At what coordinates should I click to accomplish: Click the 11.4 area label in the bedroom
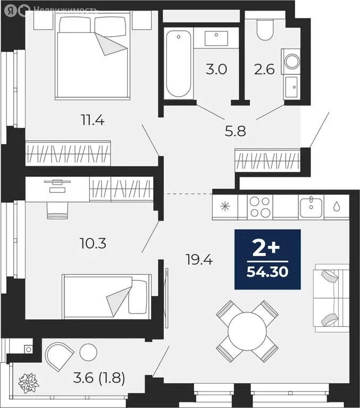(x=93, y=121)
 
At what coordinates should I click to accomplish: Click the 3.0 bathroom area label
(x=217, y=70)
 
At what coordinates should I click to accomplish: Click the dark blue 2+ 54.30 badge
(x=267, y=259)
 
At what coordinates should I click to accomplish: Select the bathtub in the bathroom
(x=178, y=64)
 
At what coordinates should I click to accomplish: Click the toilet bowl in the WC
(x=265, y=29)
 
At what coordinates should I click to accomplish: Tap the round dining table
(x=247, y=330)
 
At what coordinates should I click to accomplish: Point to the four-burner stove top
(x=260, y=207)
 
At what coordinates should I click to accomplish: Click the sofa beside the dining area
(x=331, y=297)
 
